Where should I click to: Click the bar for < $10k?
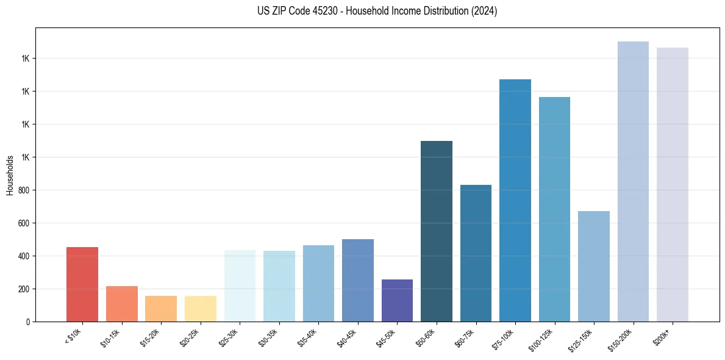pyautogui.click(x=82, y=284)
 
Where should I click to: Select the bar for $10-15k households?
pyautogui.click(x=122, y=304)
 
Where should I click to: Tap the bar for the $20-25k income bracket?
pyautogui.click(x=201, y=309)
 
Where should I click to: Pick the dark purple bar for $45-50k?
pyautogui.click(x=397, y=300)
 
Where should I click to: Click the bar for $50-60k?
pyautogui.click(x=437, y=231)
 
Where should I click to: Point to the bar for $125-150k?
pyautogui.click(x=594, y=266)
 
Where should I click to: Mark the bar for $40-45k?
pyautogui.click(x=358, y=280)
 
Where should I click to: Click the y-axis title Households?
pyautogui.click(x=10, y=175)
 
